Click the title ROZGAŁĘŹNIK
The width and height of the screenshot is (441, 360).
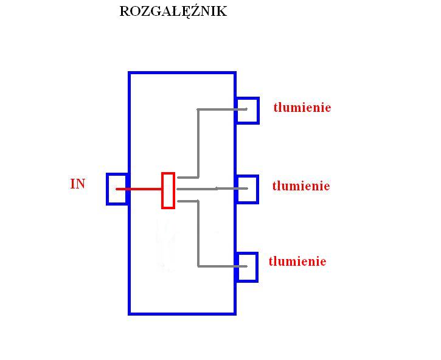click(x=173, y=12)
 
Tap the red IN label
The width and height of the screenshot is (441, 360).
click(x=78, y=184)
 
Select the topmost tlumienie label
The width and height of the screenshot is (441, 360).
click(x=302, y=108)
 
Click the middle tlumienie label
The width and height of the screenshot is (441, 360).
click(x=301, y=186)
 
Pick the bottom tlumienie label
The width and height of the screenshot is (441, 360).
click(x=297, y=261)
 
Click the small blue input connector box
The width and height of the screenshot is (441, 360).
click(x=107, y=189)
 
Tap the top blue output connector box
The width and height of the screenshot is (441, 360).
click(x=258, y=111)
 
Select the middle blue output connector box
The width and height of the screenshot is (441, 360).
click(x=258, y=189)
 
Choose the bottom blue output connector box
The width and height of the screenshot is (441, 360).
click(x=257, y=267)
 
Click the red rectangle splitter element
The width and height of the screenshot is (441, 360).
click(x=162, y=191)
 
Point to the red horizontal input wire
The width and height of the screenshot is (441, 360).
click(x=139, y=189)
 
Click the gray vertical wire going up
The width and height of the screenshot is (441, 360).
click(x=198, y=143)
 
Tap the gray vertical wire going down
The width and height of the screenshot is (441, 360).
click(x=198, y=233)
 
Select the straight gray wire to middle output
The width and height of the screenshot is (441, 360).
click(x=212, y=189)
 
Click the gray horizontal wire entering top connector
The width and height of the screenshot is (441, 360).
click(x=222, y=109)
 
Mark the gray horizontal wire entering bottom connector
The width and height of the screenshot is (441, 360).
click(x=222, y=266)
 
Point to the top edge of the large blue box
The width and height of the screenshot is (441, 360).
click(x=182, y=73)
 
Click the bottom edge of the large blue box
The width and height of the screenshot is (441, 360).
click(x=182, y=313)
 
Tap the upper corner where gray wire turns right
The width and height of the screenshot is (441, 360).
click(x=198, y=109)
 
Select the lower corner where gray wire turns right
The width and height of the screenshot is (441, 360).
click(x=198, y=266)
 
